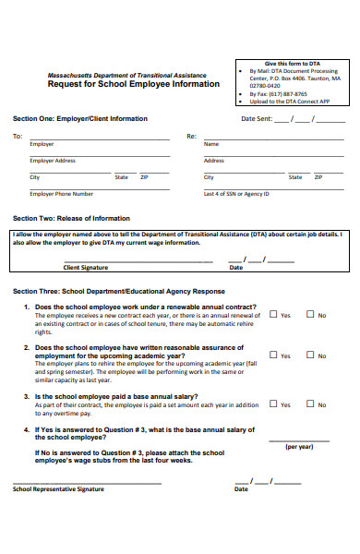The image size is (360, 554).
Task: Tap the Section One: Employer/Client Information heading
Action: (x=79, y=119)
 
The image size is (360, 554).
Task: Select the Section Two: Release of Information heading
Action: (x=71, y=218)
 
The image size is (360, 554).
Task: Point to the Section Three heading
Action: (x=118, y=290)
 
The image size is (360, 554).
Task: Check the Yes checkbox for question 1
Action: (x=273, y=314)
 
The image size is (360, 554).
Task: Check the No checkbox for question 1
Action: (x=310, y=314)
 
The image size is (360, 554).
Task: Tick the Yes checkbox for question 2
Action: (x=273, y=355)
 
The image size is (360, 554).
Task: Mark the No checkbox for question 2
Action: (x=310, y=355)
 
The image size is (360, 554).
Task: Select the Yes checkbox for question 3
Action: (x=273, y=403)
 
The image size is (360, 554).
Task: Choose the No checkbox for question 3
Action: (x=310, y=403)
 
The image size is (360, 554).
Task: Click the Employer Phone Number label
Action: (x=62, y=194)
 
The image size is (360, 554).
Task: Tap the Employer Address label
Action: (x=53, y=161)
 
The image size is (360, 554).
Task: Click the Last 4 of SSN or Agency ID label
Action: (x=236, y=194)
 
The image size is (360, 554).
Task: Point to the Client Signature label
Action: (x=85, y=268)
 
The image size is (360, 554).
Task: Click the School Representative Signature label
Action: (x=58, y=488)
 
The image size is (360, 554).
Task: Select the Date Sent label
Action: (x=257, y=119)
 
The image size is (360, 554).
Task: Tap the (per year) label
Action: (x=299, y=446)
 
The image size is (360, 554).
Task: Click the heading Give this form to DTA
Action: (x=294, y=63)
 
